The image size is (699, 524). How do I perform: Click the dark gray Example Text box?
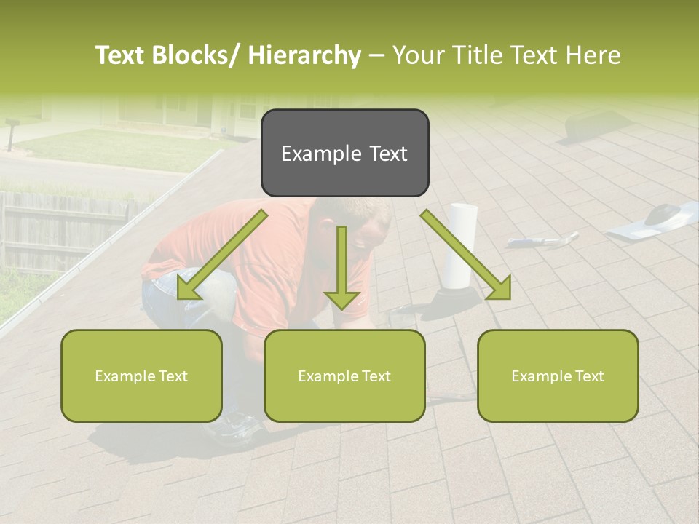[344, 153]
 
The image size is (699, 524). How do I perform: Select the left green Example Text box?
[141, 376]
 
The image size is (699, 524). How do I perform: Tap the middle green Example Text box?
[344, 376]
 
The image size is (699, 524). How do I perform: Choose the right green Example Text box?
[558, 376]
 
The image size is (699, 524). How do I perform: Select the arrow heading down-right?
[466, 255]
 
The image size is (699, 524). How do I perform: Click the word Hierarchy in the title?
[304, 55]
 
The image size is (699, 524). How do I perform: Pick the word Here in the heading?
[593, 55]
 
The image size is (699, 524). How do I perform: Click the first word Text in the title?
[120, 55]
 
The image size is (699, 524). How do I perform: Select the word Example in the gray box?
[312, 154]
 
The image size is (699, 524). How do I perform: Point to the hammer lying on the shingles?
[542, 239]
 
